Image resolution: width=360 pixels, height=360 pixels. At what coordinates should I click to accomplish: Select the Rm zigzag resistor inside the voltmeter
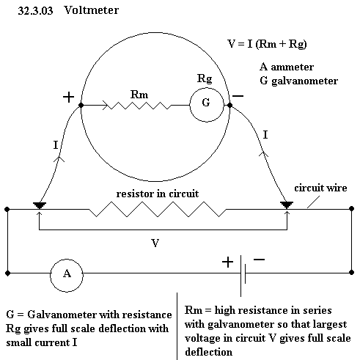click(140, 106)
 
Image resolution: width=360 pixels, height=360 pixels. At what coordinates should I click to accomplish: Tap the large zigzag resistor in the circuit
click(158, 209)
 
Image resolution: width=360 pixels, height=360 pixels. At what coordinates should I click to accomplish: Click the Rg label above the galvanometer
click(205, 78)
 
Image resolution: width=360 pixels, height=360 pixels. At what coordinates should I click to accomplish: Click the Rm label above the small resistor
click(139, 95)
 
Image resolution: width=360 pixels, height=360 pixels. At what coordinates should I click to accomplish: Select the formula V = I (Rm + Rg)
click(267, 44)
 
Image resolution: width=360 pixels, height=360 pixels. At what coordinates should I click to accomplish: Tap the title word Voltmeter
click(91, 10)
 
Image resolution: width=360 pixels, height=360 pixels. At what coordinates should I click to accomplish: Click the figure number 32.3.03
click(35, 11)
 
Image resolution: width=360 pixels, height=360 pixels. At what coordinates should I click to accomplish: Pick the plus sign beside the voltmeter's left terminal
click(68, 97)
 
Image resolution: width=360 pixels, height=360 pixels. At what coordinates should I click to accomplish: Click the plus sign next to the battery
click(227, 262)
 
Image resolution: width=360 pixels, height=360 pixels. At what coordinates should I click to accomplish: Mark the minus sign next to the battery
click(259, 260)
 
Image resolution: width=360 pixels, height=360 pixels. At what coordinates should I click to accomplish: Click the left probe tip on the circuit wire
click(40, 208)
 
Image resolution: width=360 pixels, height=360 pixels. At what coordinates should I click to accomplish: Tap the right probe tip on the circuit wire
click(287, 207)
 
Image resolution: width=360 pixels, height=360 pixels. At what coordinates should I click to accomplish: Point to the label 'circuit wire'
click(320, 188)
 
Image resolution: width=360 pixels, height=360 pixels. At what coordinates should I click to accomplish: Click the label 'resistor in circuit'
click(158, 194)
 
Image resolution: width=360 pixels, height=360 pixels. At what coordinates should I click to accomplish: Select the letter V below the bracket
click(155, 243)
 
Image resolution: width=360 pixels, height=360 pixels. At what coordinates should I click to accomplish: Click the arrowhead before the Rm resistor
click(106, 106)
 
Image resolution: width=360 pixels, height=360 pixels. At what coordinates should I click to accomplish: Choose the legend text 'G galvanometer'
click(299, 81)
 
